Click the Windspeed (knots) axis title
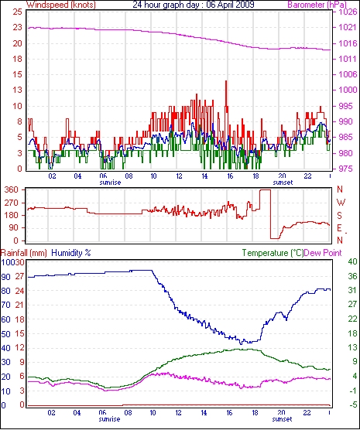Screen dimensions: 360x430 click(x=61, y=5)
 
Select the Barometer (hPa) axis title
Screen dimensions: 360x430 click(x=317, y=5)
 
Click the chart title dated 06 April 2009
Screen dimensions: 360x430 click(x=194, y=4)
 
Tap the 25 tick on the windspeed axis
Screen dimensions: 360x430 click(x=17, y=12)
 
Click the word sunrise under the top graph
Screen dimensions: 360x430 click(x=110, y=183)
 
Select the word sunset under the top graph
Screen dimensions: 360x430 click(x=283, y=183)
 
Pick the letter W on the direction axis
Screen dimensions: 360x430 click(x=341, y=203)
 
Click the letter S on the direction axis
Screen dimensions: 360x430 click(x=340, y=216)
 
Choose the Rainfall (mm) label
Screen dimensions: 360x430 click(x=24, y=253)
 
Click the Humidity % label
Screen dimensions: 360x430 click(x=71, y=253)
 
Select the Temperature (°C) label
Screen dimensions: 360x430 click(x=273, y=253)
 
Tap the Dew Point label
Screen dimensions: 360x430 click(x=323, y=253)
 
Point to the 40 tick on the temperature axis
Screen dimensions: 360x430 click(x=352, y=261)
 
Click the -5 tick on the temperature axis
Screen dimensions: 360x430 click(x=352, y=404)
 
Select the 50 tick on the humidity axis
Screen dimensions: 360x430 click(x=5, y=334)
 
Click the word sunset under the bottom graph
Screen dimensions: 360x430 click(x=283, y=419)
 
